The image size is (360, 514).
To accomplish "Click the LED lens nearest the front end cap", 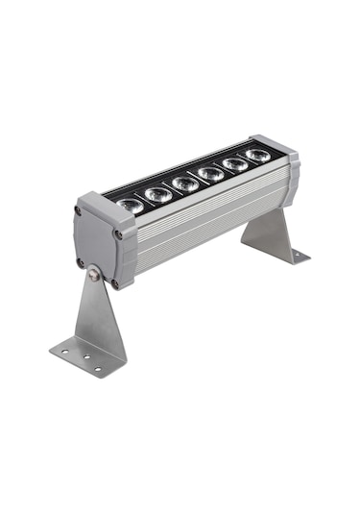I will point(132,205).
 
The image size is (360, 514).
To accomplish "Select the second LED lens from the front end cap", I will point(157,194).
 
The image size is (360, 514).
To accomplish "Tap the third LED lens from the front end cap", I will point(185,183).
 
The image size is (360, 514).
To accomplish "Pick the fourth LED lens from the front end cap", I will point(211,173).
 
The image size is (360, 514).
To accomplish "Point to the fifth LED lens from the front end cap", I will point(234,163).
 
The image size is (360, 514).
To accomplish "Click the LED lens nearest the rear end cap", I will point(256,154).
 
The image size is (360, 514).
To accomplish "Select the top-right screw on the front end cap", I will point(118,233).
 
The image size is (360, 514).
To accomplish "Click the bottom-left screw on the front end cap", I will point(81,261).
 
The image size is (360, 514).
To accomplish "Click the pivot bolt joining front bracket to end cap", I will point(93,274).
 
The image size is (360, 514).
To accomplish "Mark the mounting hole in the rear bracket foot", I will point(295,256).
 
